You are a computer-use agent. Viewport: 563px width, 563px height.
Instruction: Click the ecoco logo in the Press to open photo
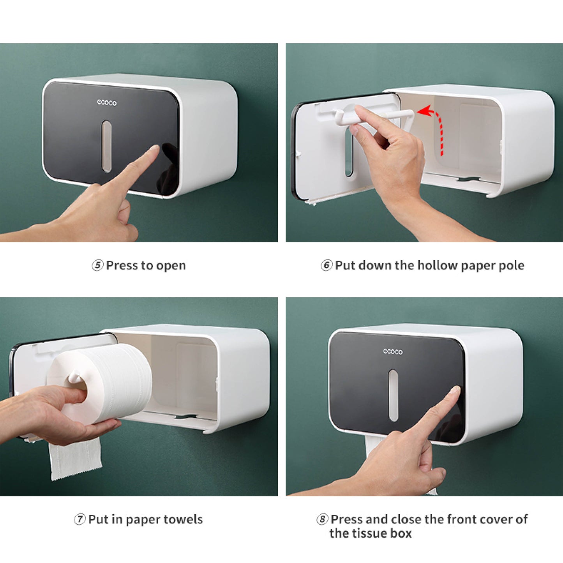pos(107,102)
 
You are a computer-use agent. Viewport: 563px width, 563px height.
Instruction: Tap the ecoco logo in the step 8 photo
pos(393,351)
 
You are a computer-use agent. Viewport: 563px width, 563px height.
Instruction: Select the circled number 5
pos(97,265)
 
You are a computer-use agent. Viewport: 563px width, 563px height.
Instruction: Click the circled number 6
pos(327,265)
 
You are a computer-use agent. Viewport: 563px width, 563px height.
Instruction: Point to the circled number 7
pos(79,519)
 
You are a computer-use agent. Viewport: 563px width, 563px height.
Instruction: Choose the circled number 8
pos(322,519)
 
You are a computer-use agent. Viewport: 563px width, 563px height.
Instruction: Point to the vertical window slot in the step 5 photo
pos(107,146)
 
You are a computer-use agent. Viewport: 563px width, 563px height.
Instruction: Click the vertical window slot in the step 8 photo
pos(393,395)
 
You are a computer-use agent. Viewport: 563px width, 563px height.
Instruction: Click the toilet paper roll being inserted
pos(99,384)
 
